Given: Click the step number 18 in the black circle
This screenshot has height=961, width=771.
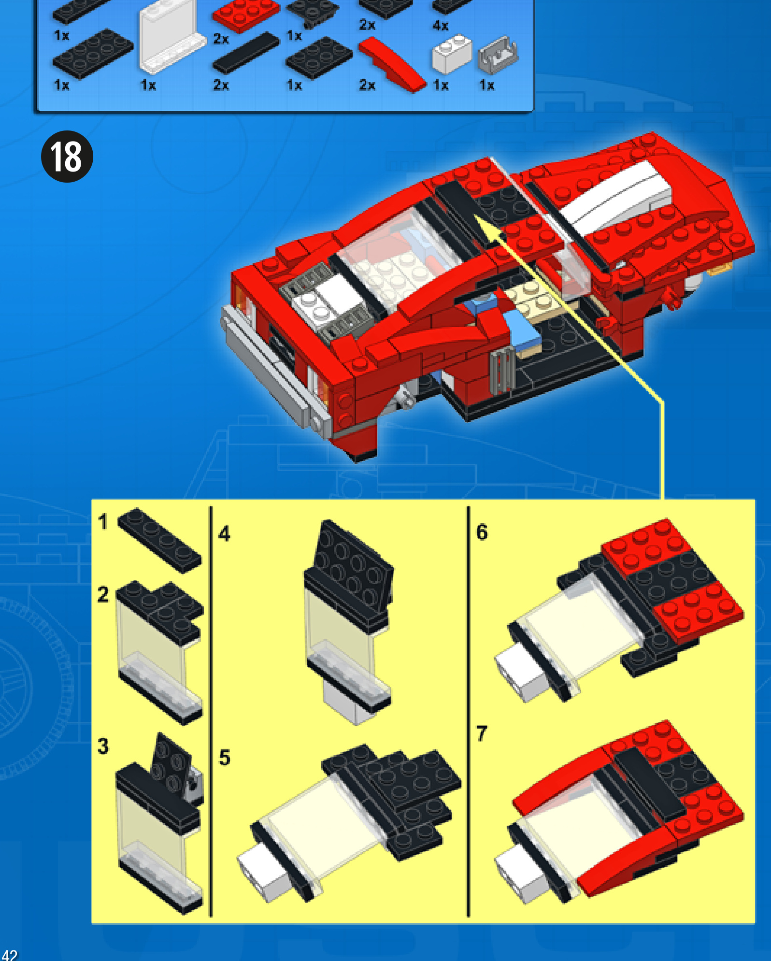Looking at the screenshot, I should [x=67, y=157].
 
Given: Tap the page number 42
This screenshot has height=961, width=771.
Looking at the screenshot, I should [x=9, y=955].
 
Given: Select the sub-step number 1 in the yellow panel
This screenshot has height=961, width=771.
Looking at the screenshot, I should [x=102, y=522].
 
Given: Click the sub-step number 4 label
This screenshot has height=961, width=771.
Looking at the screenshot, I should [x=224, y=534].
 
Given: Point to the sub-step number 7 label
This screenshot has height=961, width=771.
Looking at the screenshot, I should [x=482, y=733].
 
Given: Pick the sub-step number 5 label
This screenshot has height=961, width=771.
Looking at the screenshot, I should [x=225, y=758].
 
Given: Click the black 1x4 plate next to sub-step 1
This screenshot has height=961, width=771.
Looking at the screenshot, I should [x=159, y=540].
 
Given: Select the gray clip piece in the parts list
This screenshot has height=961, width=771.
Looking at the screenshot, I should [x=498, y=54].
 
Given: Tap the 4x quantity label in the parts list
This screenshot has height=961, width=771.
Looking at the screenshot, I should [x=441, y=26].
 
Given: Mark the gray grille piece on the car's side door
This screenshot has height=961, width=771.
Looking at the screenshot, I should [x=502, y=370].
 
